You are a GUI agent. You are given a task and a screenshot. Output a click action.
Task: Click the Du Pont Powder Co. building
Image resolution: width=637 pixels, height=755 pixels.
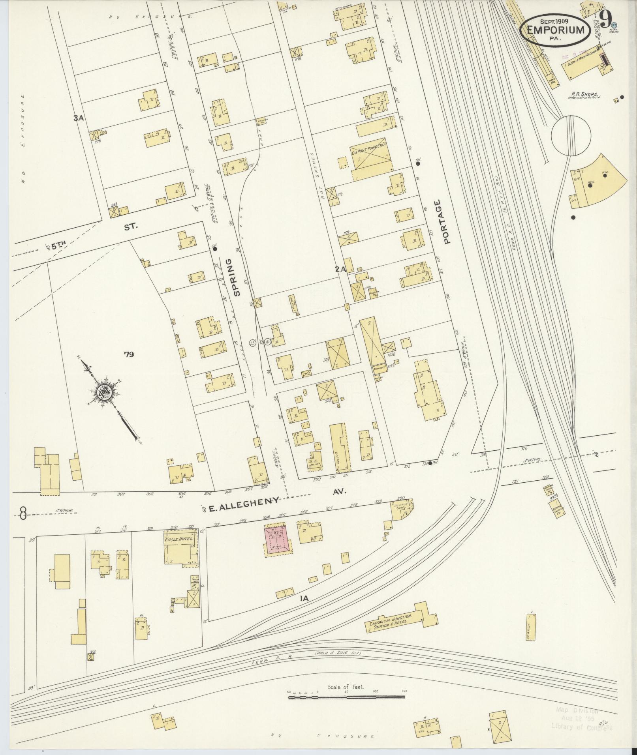368,159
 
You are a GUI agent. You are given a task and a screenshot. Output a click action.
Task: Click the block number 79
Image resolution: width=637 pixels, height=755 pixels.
129,354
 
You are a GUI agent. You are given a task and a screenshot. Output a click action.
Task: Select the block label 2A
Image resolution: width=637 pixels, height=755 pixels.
340,269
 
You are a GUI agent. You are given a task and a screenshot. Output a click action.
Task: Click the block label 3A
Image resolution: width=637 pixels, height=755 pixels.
78,117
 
